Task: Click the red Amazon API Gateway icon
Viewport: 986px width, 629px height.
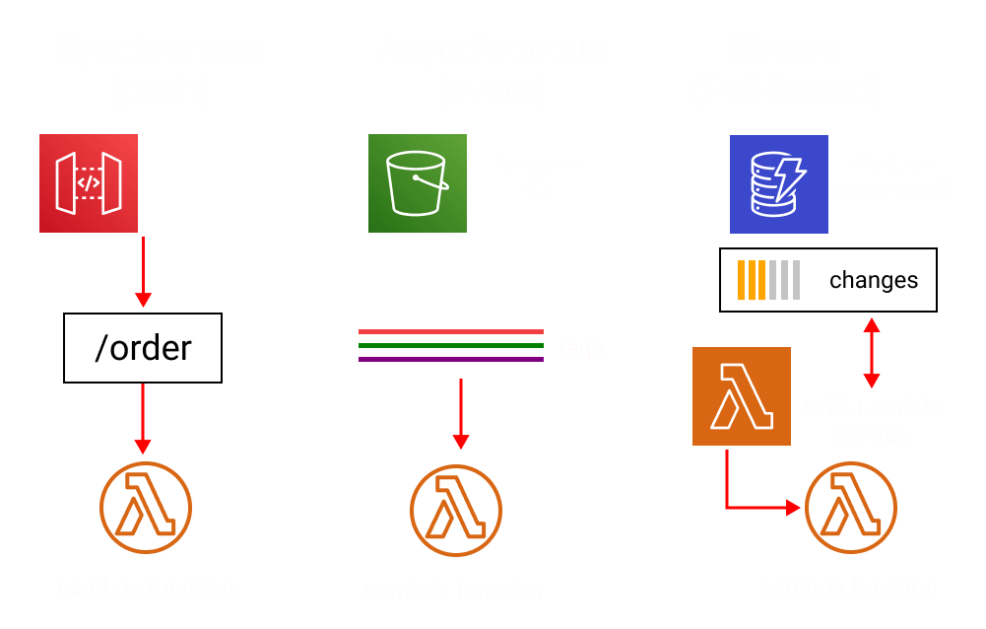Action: pos(88,183)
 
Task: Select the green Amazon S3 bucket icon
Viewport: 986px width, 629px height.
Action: pos(417,183)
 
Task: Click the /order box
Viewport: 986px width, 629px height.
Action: pos(143,347)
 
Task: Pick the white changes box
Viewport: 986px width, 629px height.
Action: pos(827,280)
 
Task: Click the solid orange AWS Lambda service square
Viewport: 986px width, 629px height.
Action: pos(742,395)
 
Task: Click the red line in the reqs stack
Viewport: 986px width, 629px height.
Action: pos(450,332)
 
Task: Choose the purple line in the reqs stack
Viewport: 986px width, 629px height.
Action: pos(450,359)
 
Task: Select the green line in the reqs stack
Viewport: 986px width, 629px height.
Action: pos(450,345)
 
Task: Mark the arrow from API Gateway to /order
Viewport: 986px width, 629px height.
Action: pos(143,271)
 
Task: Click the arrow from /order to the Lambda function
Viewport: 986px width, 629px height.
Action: pos(143,420)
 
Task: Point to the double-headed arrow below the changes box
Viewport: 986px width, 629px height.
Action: pos(871,353)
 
